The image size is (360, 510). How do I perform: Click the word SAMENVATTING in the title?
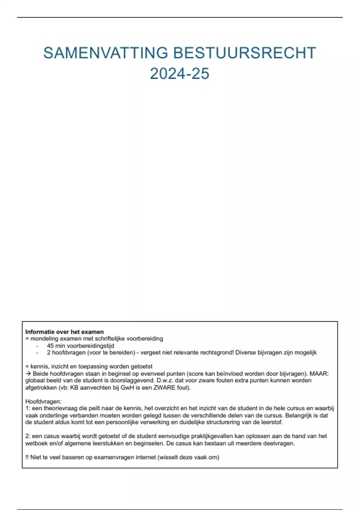[x=105, y=53]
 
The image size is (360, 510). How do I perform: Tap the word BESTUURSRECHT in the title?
[x=244, y=53]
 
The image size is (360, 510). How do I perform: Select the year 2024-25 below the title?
[x=179, y=74]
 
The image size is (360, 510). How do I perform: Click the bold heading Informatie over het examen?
[x=64, y=332]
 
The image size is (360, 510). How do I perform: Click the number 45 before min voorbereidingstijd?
[x=50, y=346]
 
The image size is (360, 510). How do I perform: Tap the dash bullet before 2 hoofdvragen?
[x=37, y=353]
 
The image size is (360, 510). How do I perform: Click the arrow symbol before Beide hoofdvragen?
[x=28, y=374]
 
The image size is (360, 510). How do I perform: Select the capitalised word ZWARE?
[x=163, y=388]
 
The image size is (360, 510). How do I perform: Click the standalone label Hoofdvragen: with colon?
[x=43, y=401]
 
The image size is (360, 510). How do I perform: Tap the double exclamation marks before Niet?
[x=27, y=457]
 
